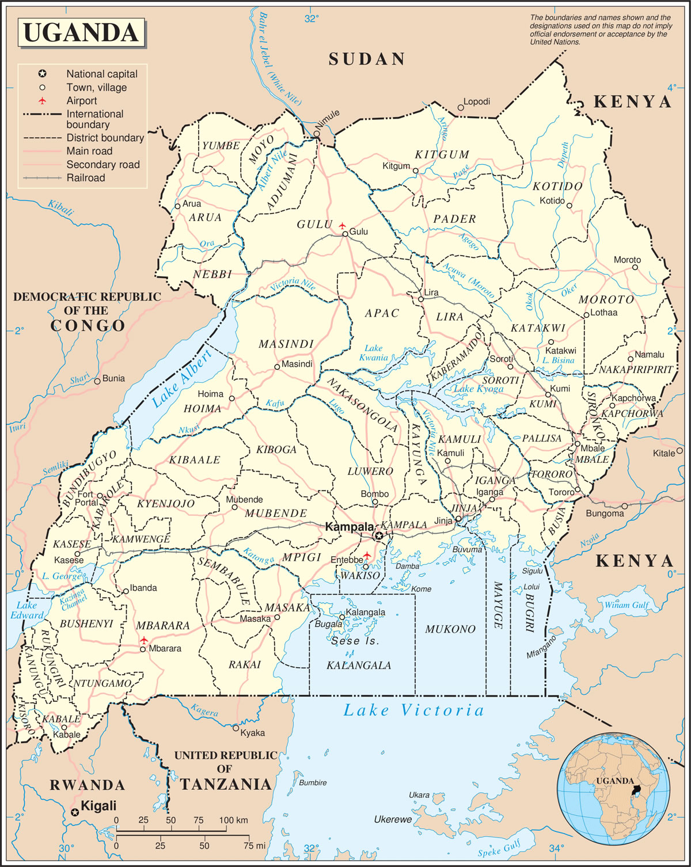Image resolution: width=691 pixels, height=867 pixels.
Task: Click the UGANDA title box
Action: pyautogui.click(x=81, y=32)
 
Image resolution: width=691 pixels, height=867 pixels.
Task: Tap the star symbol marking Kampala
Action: pyautogui.click(x=379, y=536)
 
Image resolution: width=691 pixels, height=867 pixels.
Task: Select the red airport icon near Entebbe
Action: pyautogui.click(x=367, y=556)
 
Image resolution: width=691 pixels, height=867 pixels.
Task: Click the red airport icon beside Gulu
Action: pyautogui.click(x=342, y=225)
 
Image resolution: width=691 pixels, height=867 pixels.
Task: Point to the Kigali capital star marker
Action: pyautogui.click(x=74, y=812)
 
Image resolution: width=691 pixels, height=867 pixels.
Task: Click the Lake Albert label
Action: pyautogui.click(x=181, y=379)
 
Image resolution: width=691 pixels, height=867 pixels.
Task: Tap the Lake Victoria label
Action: pyautogui.click(x=413, y=710)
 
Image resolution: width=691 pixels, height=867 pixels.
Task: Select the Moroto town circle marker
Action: pyautogui.click(x=636, y=268)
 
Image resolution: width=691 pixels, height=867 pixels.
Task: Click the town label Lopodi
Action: pyautogui.click(x=477, y=102)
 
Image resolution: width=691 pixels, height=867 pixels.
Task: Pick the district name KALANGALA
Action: pyautogui.click(x=359, y=666)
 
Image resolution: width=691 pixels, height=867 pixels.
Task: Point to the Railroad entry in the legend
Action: pyautogui.click(x=86, y=178)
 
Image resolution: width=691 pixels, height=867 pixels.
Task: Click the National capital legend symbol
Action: pyautogui.click(x=42, y=74)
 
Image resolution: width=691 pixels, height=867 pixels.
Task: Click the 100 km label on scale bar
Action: pyautogui.click(x=233, y=820)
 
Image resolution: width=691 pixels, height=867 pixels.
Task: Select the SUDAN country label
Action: pyautogui.click(x=367, y=59)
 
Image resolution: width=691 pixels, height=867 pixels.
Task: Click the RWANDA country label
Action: pyautogui.click(x=88, y=785)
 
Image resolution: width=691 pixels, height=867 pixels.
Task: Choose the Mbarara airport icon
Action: pyautogui.click(x=144, y=640)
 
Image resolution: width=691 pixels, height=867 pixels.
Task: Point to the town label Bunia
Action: pyautogui.click(x=113, y=378)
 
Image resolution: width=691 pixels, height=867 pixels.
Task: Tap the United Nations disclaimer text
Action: pyautogui.click(x=601, y=30)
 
